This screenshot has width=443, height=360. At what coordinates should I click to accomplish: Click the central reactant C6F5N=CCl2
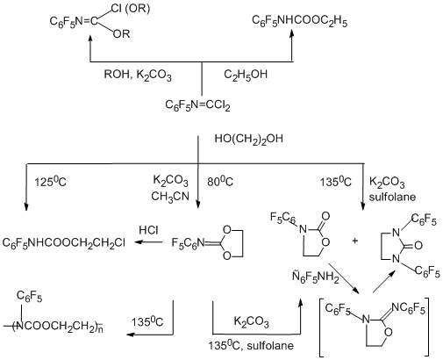click(x=197, y=105)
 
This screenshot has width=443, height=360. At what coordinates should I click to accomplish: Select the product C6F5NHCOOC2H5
click(x=300, y=21)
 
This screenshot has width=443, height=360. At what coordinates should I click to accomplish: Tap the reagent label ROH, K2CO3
click(x=138, y=75)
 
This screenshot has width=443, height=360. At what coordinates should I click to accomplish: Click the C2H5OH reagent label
click(x=246, y=75)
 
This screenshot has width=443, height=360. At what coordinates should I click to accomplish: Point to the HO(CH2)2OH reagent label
click(x=249, y=139)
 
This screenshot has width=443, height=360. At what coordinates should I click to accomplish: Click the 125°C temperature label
click(x=50, y=182)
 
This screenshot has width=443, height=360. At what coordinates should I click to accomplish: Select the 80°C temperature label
click(x=220, y=182)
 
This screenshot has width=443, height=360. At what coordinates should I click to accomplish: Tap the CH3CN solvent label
click(x=170, y=197)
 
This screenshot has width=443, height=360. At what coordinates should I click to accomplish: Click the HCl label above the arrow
click(x=148, y=230)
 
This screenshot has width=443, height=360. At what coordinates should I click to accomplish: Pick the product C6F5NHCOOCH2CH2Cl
click(x=64, y=242)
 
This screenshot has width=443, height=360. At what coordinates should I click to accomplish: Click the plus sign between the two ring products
click(x=355, y=241)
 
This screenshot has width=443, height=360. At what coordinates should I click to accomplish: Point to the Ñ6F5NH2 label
click(x=316, y=277)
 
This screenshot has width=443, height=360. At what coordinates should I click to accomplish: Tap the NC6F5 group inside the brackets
click(x=408, y=308)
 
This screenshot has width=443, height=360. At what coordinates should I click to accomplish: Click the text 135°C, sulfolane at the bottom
click(x=251, y=346)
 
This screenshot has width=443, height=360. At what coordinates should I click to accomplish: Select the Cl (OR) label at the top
click(x=131, y=9)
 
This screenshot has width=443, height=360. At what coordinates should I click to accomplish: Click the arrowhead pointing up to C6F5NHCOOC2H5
click(x=291, y=34)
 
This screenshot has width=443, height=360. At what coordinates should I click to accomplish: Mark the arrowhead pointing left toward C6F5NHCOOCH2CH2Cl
click(x=139, y=242)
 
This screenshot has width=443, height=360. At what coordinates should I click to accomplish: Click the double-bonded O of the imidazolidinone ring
click(x=418, y=245)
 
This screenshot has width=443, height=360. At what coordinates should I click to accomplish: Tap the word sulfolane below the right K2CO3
click(x=392, y=197)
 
